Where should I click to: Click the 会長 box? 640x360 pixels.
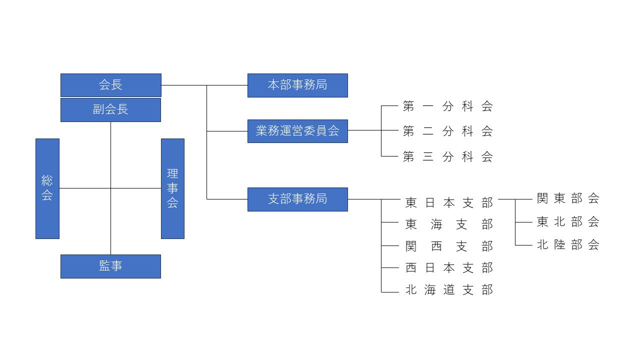click(110, 85)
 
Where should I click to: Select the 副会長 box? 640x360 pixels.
click(110, 110)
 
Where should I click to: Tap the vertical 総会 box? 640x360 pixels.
click(47, 188)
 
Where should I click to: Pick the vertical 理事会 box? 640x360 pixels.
click(172, 188)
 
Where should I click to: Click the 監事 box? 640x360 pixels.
click(110, 266)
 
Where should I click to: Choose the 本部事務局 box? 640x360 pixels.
click(297, 85)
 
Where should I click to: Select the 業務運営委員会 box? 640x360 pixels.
click(297, 131)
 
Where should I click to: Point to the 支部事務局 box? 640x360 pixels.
click(297, 199)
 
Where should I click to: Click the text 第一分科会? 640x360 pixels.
click(448, 106)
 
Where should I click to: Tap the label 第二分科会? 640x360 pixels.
click(448, 131)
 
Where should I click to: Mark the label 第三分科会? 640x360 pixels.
click(448, 156)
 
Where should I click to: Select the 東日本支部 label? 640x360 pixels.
click(449, 202)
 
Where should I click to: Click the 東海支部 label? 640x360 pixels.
click(449, 224)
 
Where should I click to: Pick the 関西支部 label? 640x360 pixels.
click(449, 246)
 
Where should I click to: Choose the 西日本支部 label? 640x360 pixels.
click(449, 268)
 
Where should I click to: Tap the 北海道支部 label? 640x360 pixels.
click(449, 290)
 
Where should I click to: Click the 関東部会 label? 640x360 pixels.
click(568, 198)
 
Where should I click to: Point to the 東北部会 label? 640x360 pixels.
click(568, 221)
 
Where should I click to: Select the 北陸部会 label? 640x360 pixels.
click(568, 244)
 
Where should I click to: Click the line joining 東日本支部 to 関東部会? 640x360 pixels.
click(507, 199)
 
